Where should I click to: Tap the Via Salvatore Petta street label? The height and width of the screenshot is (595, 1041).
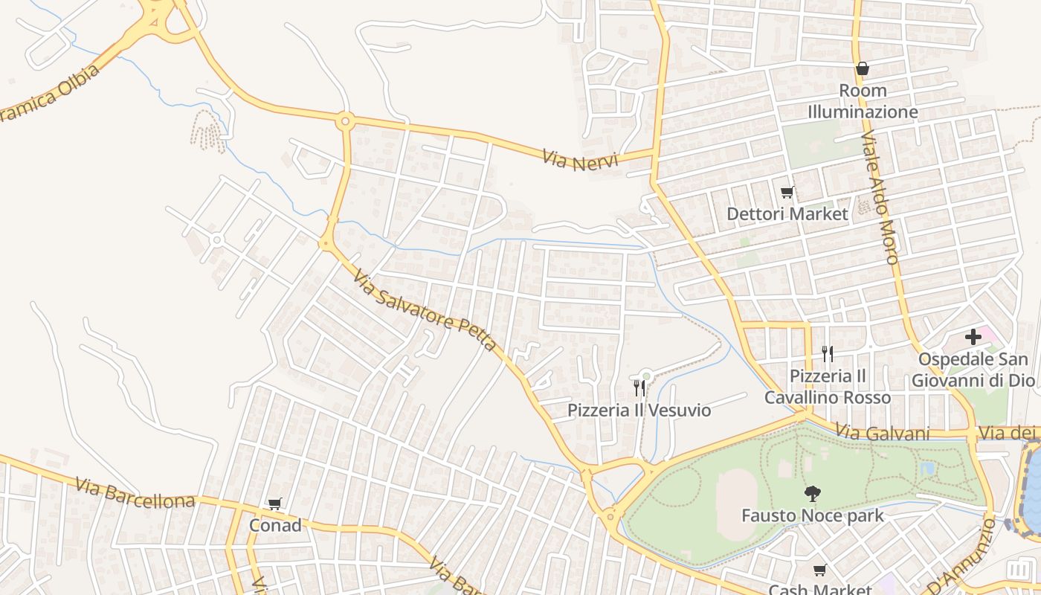click(425, 310)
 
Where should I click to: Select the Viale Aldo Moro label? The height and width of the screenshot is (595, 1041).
click(880, 198)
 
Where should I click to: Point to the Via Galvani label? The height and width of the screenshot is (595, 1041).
click(883, 432)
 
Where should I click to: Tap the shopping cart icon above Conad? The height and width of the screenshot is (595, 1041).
click(275, 504)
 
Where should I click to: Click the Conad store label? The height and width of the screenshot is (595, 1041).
click(275, 525)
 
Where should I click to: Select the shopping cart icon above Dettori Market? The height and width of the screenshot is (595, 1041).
click(787, 193)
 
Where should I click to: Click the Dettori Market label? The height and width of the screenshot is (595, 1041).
click(787, 214)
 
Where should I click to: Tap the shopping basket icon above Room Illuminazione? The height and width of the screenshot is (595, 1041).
click(863, 68)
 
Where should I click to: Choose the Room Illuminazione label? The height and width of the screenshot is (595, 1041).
click(863, 101)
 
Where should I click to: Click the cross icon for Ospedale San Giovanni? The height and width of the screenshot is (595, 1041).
click(973, 337)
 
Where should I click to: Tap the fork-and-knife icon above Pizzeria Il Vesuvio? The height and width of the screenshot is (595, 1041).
click(639, 387)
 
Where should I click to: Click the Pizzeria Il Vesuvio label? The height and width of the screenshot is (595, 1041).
click(639, 411)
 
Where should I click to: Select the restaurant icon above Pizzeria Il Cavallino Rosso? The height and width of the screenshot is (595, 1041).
click(827, 353)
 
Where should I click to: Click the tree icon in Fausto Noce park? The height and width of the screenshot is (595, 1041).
click(813, 492)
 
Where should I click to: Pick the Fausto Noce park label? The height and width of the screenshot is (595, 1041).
click(813, 515)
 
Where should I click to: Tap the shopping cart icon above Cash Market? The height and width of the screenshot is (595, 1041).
click(819, 570)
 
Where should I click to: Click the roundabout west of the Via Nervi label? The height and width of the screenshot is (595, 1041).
click(344, 120)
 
